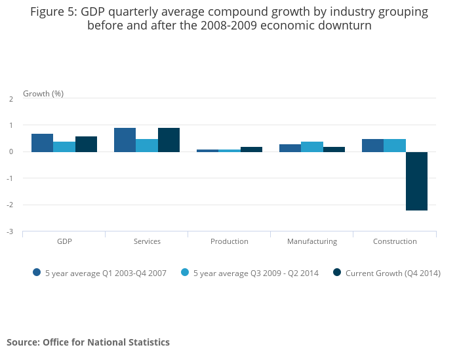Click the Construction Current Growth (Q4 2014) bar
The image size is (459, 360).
(x=416, y=181)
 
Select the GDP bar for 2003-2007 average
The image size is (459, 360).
(x=42, y=143)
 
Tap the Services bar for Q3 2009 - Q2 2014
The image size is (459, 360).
(x=147, y=146)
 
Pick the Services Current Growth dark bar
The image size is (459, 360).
(x=169, y=140)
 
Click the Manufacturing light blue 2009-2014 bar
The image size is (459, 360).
(x=312, y=147)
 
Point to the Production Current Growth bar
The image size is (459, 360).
(x=251, y=150)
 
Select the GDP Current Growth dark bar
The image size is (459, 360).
(x=86, y=144)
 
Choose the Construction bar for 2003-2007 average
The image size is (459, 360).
(x=372, y=146)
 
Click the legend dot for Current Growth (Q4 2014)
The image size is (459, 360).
(x=337, y=273)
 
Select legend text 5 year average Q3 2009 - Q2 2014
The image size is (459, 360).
(x=256, y=273)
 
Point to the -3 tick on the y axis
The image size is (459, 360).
(x=10, y=231)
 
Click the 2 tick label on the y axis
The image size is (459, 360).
(x=11, y=99)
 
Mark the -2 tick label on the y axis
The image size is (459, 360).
(x=10, y=205)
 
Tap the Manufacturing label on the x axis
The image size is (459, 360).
(x=312, y=241)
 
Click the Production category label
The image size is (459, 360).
(x=229, y=241)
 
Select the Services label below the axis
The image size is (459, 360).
(x=147, y=241)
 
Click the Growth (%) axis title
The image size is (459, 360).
(x=43, y=94)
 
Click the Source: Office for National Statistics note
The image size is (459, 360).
(x=88, y=342)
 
